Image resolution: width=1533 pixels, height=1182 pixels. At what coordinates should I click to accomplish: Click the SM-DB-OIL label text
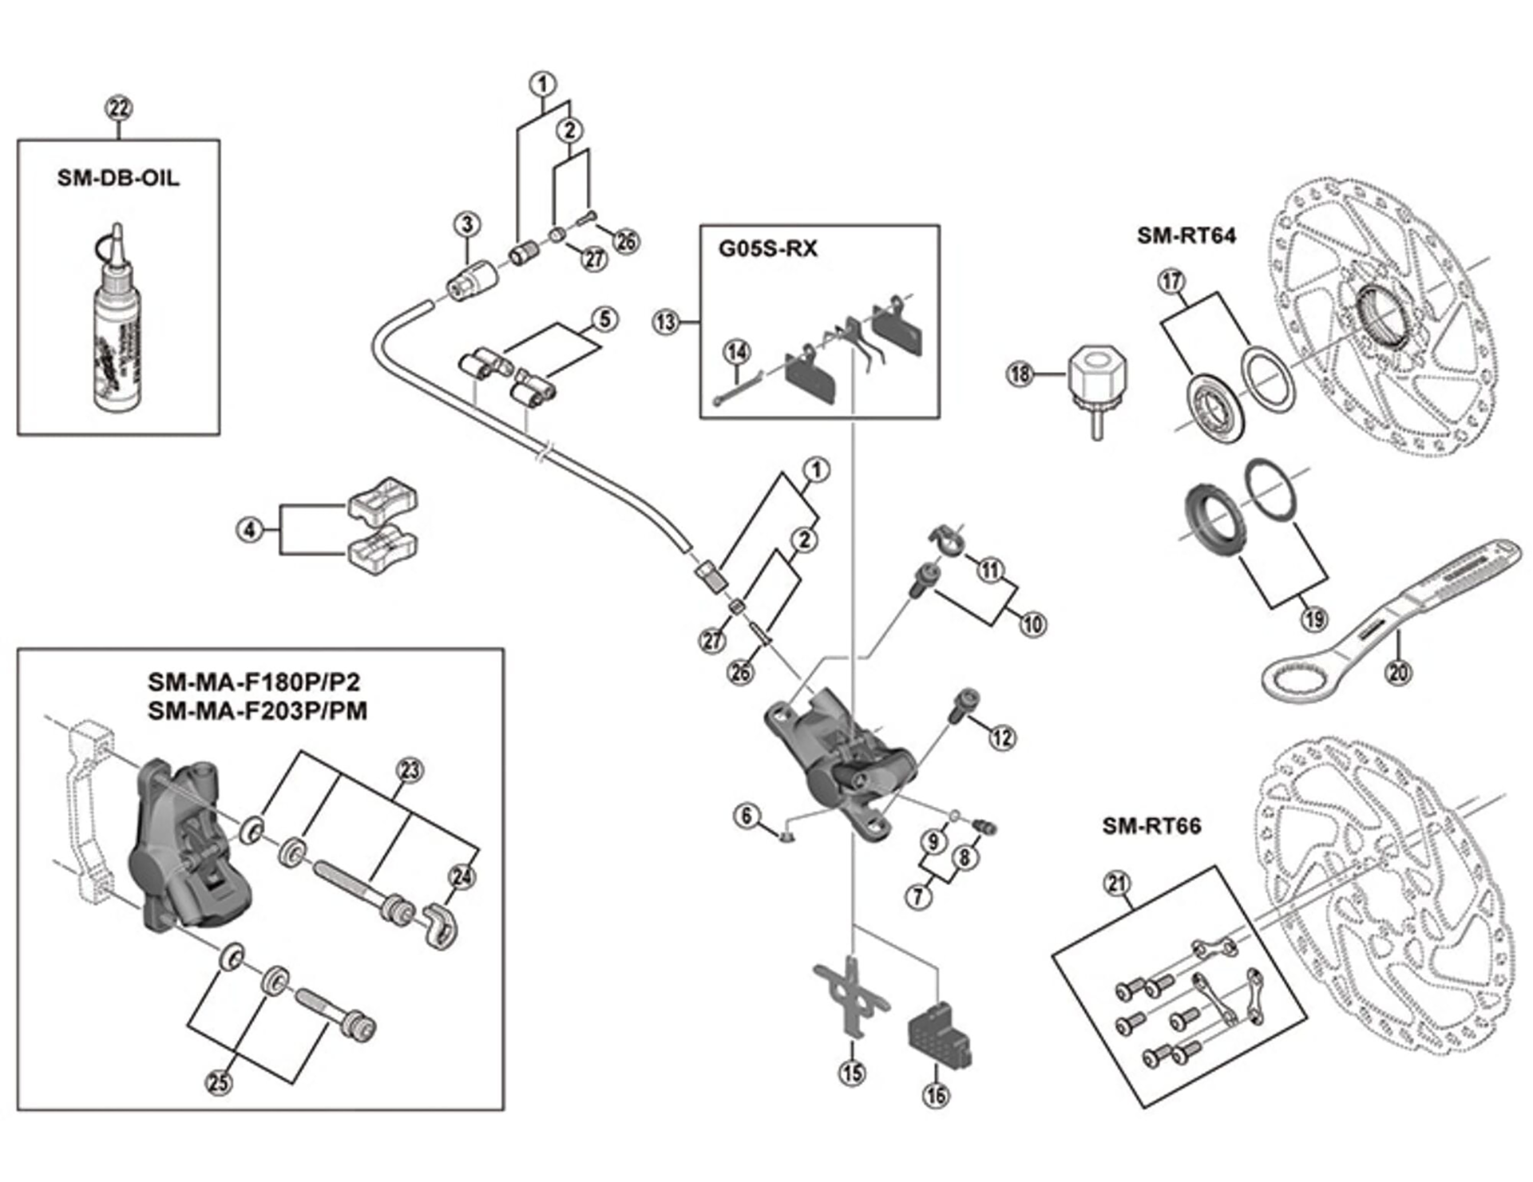118,177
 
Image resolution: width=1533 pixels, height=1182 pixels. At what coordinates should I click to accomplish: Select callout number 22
119,109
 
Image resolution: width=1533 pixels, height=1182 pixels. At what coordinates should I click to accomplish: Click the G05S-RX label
768,249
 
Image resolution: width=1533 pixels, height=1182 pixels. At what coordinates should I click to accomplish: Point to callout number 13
665,322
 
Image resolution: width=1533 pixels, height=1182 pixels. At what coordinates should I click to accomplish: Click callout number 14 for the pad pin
737,352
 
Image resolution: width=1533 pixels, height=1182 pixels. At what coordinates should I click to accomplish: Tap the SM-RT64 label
1186,235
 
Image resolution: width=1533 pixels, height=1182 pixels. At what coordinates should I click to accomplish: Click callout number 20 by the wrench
1397,672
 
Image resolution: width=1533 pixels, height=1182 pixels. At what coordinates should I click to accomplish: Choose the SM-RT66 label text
1151,825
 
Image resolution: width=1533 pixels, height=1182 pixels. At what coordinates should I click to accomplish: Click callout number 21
1117,884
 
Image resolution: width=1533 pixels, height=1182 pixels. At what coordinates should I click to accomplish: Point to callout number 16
937,1093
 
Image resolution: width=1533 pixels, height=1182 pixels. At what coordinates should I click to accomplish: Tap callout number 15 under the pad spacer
852,1072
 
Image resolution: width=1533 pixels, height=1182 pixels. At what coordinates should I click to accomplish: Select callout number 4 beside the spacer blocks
250,529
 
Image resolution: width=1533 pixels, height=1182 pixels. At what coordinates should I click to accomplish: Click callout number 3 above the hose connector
467,224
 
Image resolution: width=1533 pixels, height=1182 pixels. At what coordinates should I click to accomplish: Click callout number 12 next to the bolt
1002,737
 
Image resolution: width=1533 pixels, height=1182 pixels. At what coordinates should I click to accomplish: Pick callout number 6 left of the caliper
747,816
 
